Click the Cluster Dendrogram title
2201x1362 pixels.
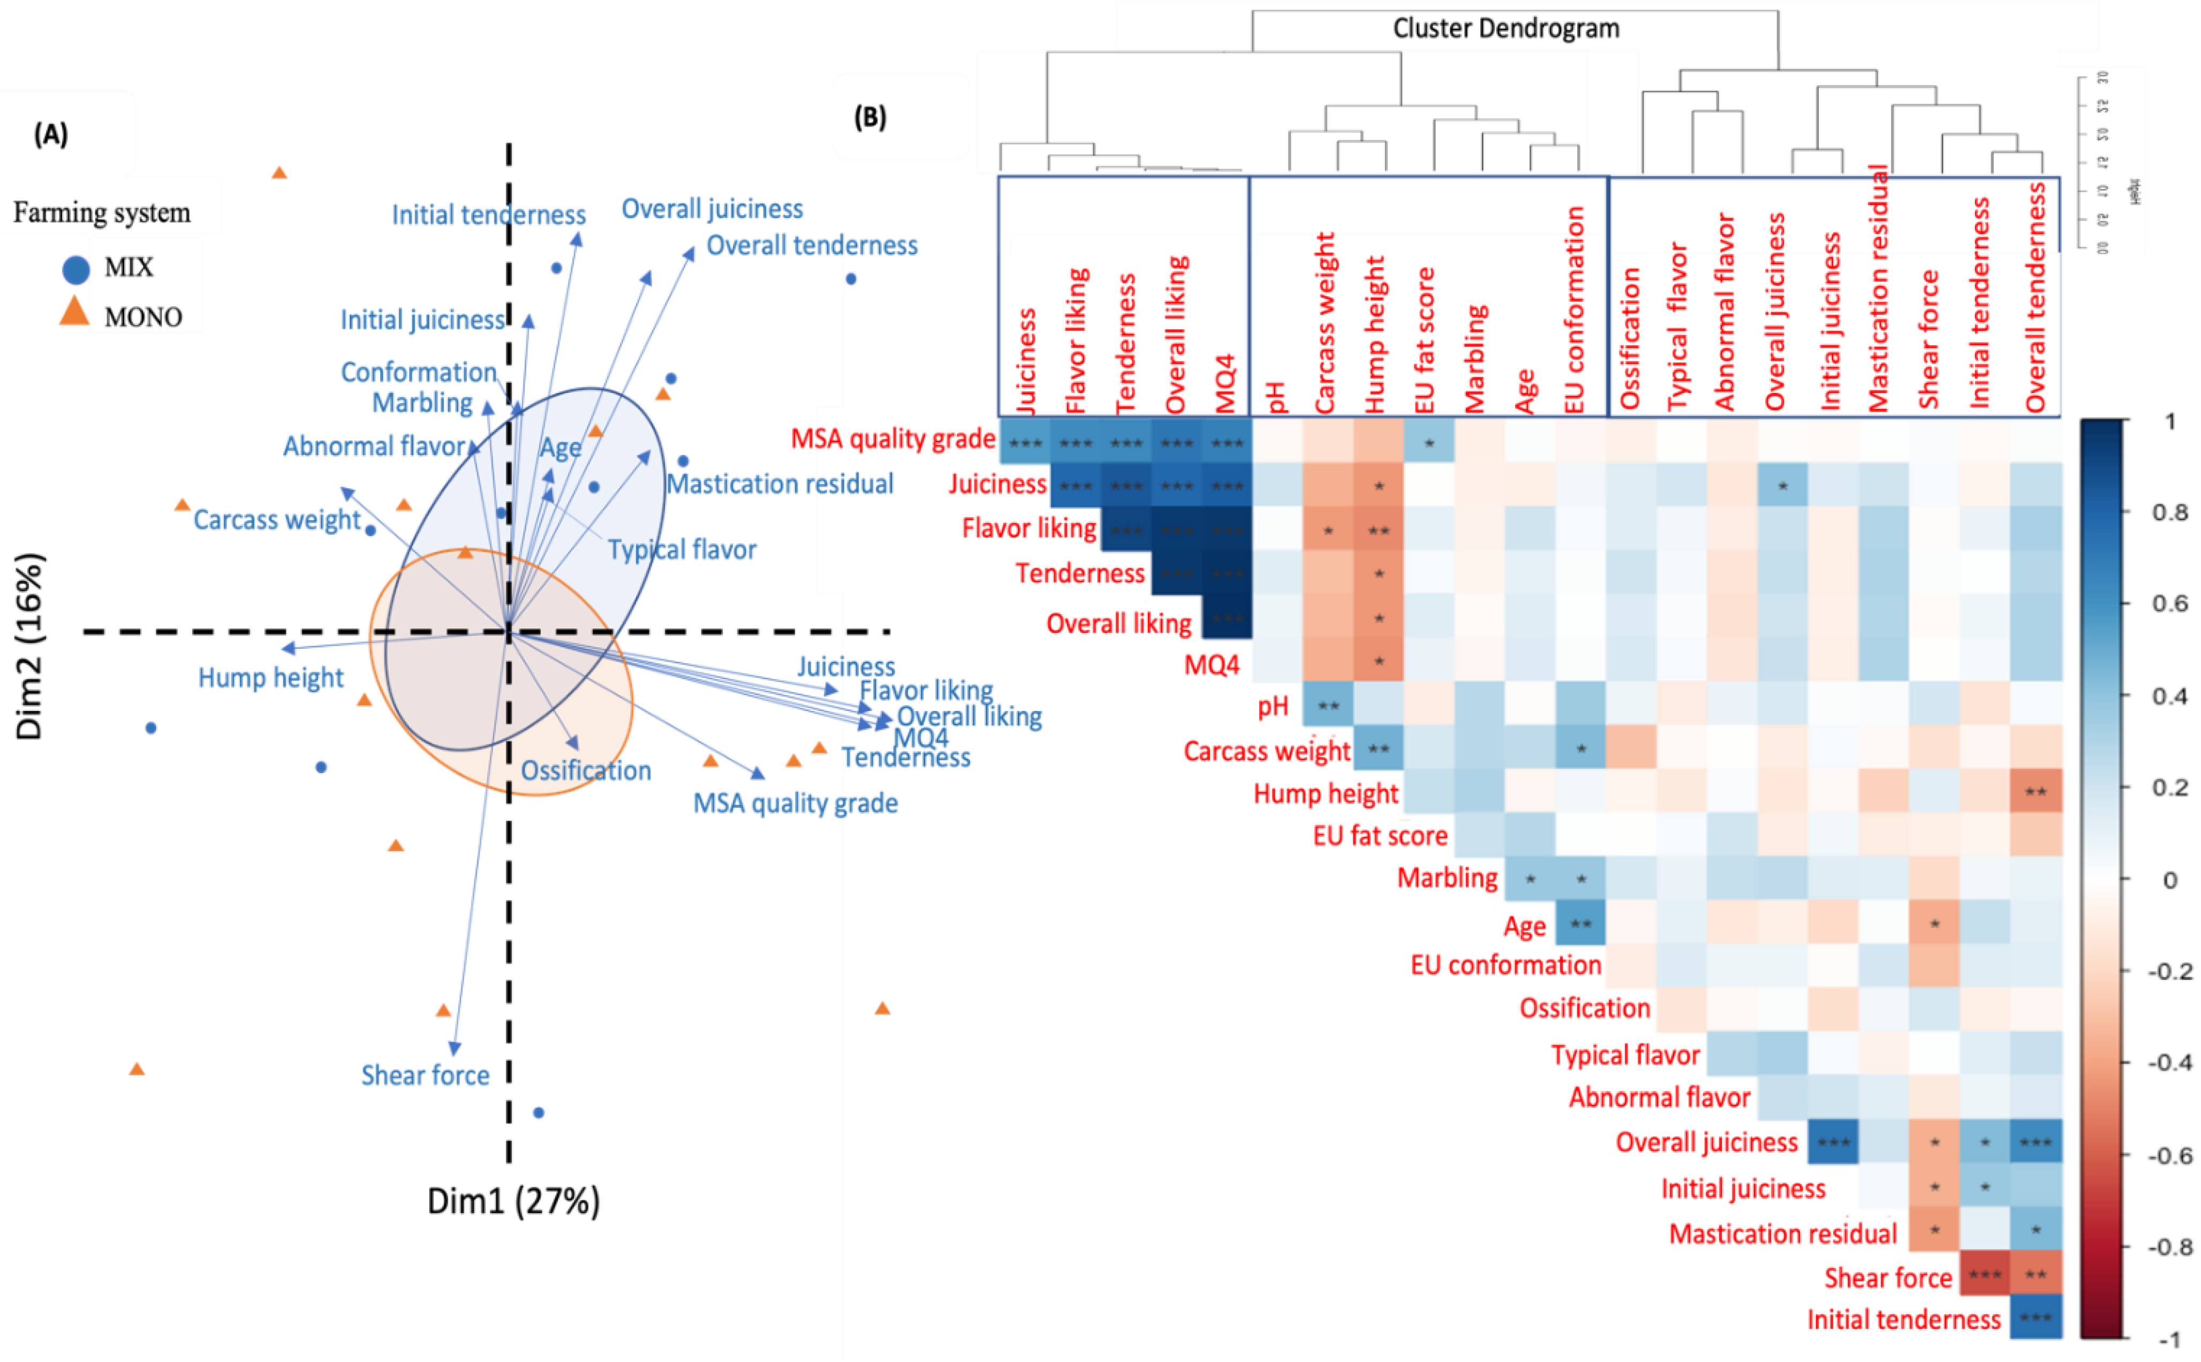[1506, 29]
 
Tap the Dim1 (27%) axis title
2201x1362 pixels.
[513, 1201]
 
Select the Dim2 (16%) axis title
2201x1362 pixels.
[30, 646]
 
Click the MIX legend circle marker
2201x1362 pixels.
[75, 268]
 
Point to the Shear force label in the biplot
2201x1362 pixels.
[425, 1075]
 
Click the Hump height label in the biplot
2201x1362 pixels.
[270, 677]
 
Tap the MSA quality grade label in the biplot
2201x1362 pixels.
[795, 803]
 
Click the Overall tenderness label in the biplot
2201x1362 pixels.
[812, 245]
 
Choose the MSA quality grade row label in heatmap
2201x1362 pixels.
[892, 438]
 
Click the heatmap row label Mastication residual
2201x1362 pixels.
[1782, 1233]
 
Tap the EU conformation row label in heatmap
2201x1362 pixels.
[1506, 965]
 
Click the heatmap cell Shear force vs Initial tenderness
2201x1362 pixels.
[1985, 1275]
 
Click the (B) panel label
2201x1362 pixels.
[870, 117]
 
